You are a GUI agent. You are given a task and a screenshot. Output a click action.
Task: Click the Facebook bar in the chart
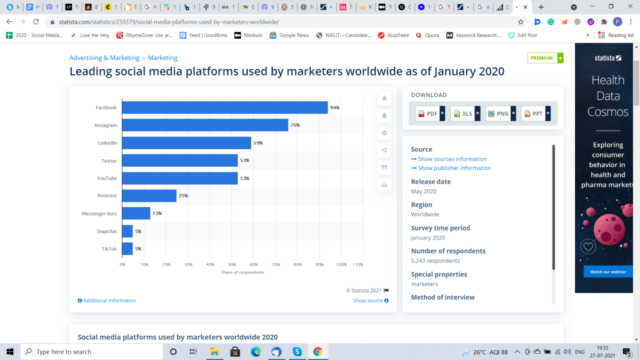pyautogui.click(x=225, y=107)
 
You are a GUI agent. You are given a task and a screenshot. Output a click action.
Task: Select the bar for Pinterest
pyautogui.click(x=149, y=196)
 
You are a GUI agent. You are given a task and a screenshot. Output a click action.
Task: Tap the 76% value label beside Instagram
pyautogui.click(x=295, y=125)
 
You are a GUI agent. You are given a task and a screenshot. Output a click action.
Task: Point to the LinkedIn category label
pyautogui.click(x=107, y=143)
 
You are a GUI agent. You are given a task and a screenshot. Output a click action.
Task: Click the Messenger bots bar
pyautogui.click(x=136, y=213)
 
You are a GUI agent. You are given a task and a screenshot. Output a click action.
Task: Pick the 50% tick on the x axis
pyautogui.click(x=232, y=264)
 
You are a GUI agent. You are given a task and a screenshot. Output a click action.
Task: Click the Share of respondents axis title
pyautogui.click(x=242, y=272)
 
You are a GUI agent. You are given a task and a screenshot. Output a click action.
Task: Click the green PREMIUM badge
pyautogui.click(x=544, y=58)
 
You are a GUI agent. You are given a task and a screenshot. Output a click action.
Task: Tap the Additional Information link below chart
pyautogui.click(x=107, y=301)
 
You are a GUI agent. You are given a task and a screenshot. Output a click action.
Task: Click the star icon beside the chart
pyautogui.click(x=384, y=98)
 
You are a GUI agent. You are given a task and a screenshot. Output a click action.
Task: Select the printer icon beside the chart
pyautogui.click(x=384, y=185)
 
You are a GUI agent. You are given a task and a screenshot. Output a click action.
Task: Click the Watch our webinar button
pyautogui.click(x=604, y=272)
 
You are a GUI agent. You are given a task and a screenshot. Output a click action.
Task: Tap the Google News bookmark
pyautogui.click(x=289, y=36)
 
